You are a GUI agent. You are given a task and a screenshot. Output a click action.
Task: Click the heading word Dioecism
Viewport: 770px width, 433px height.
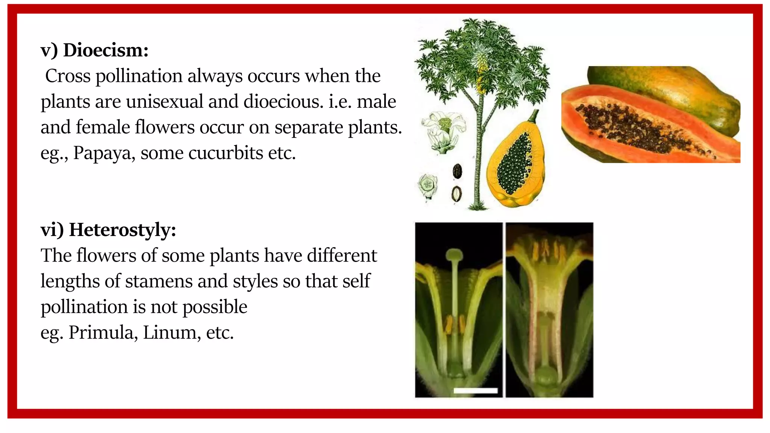pos(106,50)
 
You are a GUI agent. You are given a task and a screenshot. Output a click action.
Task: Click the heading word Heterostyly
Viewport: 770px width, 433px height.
pos(122,230)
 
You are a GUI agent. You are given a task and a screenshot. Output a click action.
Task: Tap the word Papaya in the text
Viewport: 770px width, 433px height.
pos(104,153)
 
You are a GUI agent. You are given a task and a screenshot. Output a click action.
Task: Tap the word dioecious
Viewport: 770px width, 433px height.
pos(283,101)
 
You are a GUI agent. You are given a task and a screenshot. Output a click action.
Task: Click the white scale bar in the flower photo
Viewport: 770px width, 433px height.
pos(476,391)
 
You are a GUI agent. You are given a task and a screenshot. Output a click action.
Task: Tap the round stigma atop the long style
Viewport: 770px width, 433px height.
pos(455,255)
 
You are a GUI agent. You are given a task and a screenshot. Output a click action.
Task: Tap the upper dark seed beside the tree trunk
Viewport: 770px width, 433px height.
pos(458,171)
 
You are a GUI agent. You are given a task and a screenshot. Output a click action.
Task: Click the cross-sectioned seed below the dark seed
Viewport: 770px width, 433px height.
pos(457,194)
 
